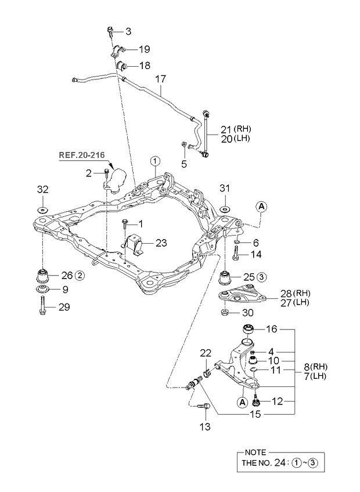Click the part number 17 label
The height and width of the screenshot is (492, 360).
[x=160, y=77]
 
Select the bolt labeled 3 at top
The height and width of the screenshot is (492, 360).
[x=110, y=31]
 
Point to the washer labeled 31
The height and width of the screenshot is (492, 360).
[x=225, y=207]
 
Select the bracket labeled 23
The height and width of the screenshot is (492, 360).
[x=135, y=245]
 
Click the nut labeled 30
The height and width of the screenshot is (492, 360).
[x=225, y=314]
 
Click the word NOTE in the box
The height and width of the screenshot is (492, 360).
[x=255, y=451]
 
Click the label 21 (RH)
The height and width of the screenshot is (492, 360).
[x=221, y=128]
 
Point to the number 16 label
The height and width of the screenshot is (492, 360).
[x=271, y=329]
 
